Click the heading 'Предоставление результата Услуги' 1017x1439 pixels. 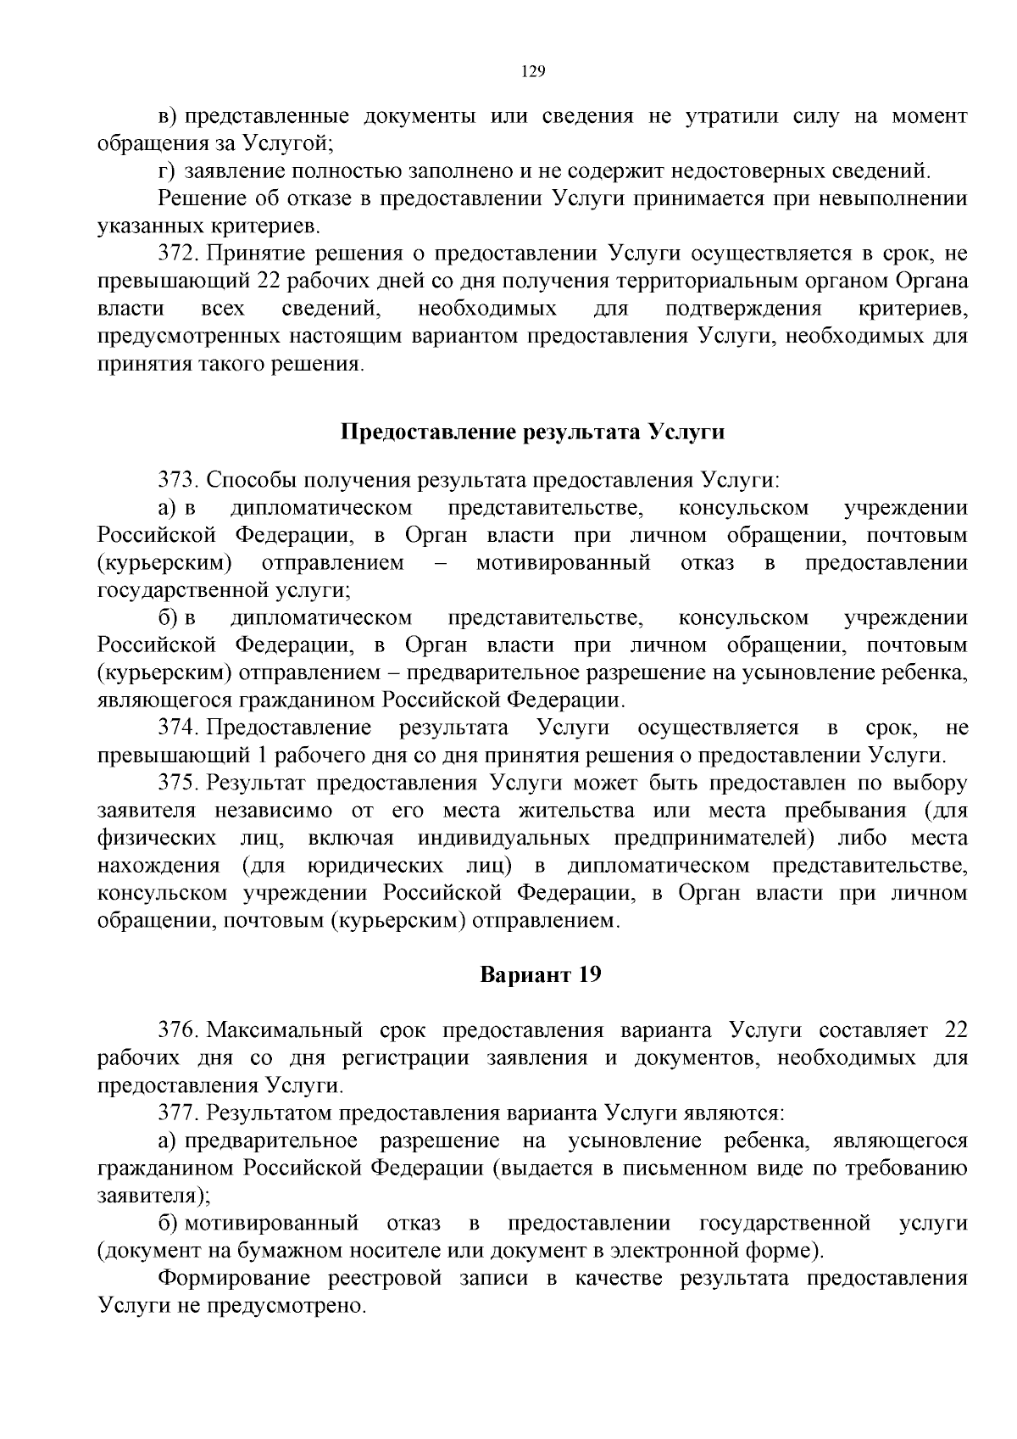tap(532, 432)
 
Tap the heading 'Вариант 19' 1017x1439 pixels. tap(541, 974)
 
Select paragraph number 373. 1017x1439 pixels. tap(178, 481)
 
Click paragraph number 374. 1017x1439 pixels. tap(178, 728)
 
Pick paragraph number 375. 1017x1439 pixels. tap(178, 782)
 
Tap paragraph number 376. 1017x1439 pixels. tap(178, 1030)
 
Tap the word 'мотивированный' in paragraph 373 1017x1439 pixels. tap(563, 563)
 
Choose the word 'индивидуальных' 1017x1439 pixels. tap(503, 838)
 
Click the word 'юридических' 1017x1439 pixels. tap(375, 866)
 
